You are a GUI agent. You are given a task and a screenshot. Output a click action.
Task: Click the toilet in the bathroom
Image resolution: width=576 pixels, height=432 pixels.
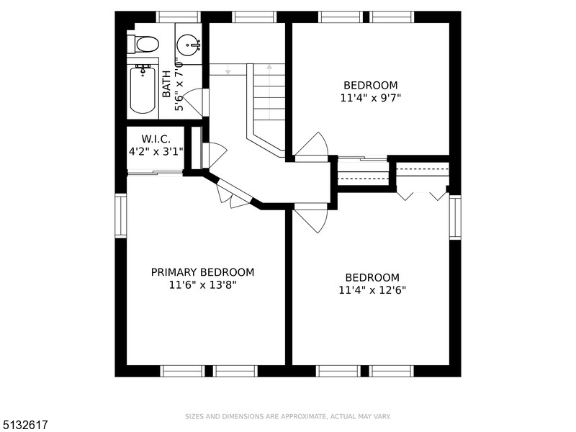coord(143,44)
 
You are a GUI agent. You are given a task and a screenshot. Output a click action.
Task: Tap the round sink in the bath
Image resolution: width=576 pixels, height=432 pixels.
coord(189,45)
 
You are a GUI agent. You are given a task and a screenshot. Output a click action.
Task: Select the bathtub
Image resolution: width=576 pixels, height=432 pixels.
coord(143,89)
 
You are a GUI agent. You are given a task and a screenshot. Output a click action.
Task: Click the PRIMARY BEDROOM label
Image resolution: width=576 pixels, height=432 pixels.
coord(202,272)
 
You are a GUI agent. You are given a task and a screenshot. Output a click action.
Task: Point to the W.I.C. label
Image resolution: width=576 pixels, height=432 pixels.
coord(156,139)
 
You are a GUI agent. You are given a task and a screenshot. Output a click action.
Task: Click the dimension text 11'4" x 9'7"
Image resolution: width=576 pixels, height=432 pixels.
coord(370,98)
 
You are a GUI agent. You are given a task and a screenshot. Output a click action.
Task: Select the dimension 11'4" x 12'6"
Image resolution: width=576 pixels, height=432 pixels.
coord(372,290)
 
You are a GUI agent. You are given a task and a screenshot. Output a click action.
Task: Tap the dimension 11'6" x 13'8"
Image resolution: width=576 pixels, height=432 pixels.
coord(202,284)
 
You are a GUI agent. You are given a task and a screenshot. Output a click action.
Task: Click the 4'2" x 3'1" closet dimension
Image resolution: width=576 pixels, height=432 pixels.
coord(156,151)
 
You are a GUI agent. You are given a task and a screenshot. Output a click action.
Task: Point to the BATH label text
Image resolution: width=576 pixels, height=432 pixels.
coord(166,84)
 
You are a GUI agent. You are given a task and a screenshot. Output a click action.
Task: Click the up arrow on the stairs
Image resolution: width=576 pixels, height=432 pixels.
coord(269,92)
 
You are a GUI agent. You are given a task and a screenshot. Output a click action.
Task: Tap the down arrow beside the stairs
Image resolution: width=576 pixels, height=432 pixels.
coord(228,69)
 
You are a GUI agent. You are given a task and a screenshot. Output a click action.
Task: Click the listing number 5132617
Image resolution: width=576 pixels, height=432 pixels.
coord(24,425)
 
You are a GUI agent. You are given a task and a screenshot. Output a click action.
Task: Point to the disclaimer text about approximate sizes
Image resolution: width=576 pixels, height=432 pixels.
coord(287,417)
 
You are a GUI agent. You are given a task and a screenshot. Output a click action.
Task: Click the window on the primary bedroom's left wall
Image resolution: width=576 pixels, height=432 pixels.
coord(120,215)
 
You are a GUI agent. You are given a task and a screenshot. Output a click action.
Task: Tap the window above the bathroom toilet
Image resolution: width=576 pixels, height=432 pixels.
coord(179,17)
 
